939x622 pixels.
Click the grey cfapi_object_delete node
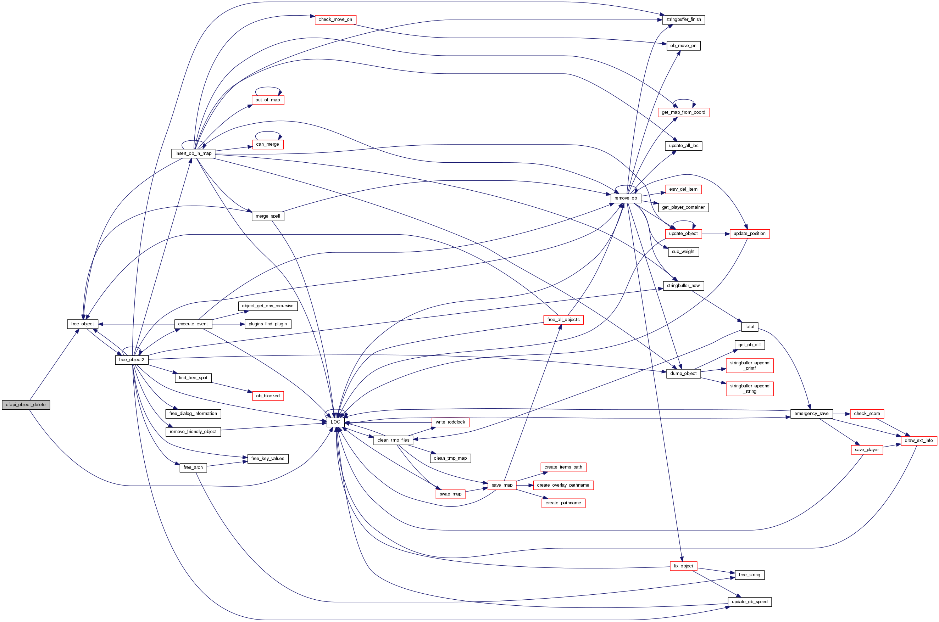26,405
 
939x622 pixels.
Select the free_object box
82,324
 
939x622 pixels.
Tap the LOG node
335,422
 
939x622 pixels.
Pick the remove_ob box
626,198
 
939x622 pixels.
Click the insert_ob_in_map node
193,153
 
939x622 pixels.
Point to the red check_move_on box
335,19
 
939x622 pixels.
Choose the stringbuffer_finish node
683,19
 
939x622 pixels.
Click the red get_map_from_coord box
683,112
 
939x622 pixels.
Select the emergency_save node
811,414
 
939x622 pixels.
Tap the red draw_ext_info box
919,441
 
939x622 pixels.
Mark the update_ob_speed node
749,602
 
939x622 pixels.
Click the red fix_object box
683,566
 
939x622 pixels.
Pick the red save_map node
502,485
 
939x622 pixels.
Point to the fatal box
749,327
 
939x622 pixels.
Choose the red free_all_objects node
563,320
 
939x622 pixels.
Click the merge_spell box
268,216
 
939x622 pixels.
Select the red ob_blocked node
268,396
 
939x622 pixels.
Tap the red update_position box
749,234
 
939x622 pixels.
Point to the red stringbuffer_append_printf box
749,365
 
